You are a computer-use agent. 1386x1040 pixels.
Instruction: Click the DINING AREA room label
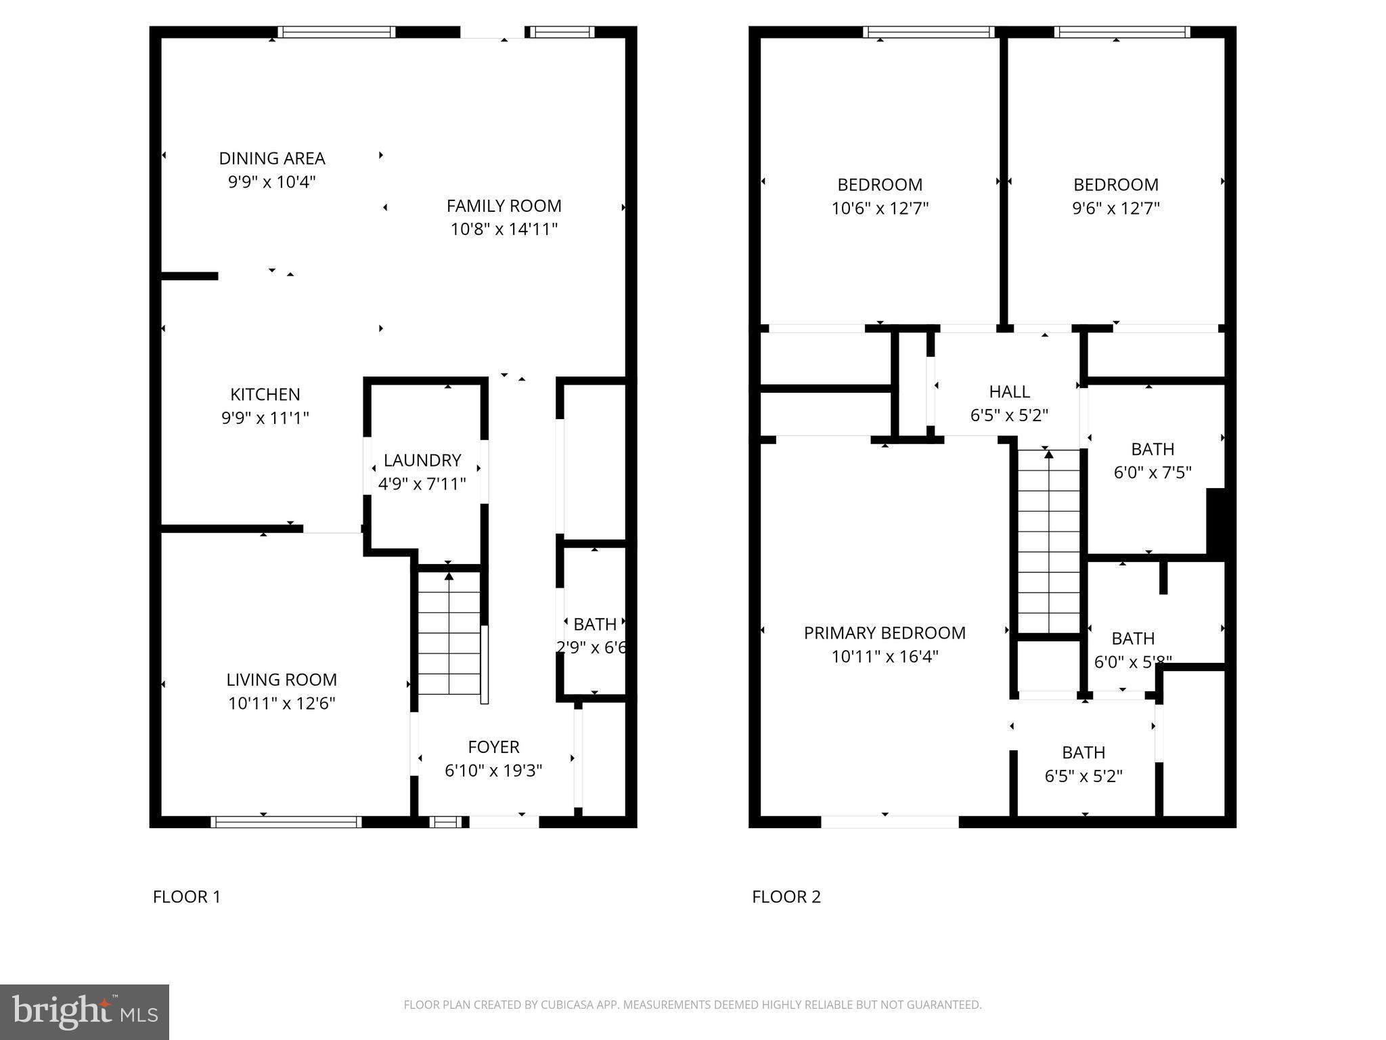(x=272, y=158)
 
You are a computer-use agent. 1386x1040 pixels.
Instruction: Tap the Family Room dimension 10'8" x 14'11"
(x=504, y=229)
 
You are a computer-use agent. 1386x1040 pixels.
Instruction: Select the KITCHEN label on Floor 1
(x=265, y=394)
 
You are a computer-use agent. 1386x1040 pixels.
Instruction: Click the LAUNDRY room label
(x=422, y=460)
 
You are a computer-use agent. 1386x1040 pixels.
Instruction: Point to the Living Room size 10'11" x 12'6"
(x=282, y=703)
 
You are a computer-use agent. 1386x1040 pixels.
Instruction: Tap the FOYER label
(x=493, y=747)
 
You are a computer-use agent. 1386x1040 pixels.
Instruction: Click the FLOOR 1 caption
(x=187, y=896)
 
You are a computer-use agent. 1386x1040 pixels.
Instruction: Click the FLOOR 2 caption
(x=786, y=896)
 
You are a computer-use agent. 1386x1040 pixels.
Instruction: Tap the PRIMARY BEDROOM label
(x=885, y=633)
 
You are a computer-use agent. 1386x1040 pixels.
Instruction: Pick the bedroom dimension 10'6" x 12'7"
(x=880, y=208)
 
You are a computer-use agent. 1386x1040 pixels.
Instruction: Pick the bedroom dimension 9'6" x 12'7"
(x=1116, y=208)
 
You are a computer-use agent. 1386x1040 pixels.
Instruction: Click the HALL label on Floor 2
(x=1010, y=391)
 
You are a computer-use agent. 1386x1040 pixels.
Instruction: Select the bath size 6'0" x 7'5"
(x=1153, y=472)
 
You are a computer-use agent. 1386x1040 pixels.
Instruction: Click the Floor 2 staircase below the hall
(x=1049, y=542)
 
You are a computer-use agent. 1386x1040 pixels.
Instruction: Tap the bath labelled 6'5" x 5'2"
(x=1083, y=776)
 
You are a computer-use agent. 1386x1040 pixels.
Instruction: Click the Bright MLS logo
(x=85, y=1012)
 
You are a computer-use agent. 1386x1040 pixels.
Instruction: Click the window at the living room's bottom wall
(x=286, y=822)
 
